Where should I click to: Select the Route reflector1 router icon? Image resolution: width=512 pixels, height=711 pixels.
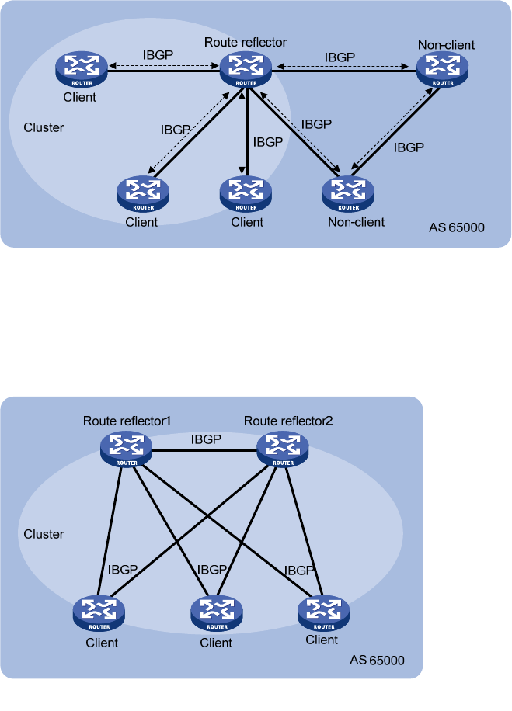(126, 448)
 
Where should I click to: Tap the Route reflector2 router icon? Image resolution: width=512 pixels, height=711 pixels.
(282, 448)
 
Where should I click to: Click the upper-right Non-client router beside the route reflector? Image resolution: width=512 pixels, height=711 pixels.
(444, 68)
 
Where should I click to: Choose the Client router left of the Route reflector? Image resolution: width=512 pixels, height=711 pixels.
(81, 68)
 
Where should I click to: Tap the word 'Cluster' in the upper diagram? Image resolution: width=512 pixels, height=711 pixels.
(44, 127)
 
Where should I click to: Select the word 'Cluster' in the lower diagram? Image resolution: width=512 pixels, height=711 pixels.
(44, 534)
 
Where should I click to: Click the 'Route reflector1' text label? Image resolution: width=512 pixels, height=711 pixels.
(127, 421)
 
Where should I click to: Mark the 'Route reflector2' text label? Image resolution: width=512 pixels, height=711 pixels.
(288, 421)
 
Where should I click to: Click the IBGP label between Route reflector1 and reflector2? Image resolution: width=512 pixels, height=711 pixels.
(206, 439)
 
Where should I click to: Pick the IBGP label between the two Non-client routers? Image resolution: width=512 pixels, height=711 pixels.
(409, 146)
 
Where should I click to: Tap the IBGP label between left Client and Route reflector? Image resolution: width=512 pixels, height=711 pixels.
(158, 56)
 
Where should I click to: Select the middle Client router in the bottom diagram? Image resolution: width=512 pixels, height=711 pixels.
(216, 613)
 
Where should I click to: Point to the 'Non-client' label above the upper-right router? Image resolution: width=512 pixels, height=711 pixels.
(446, 46)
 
